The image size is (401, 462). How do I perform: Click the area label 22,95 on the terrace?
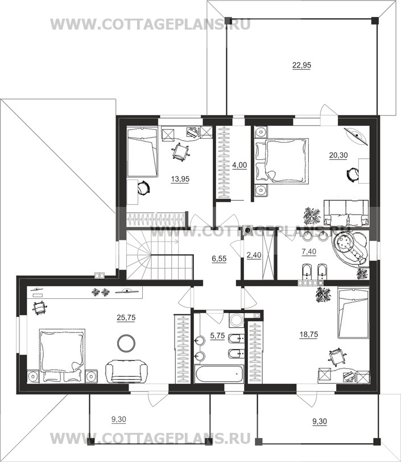[301, 65]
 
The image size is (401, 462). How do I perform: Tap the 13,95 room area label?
[180, 179]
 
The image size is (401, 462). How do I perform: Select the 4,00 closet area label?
[239, 165]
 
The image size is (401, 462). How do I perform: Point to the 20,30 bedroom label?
[338, 155]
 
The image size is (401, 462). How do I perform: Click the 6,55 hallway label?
[219, 259]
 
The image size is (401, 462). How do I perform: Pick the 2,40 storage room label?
[254, 255]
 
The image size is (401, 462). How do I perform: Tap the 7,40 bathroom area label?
[309, 251]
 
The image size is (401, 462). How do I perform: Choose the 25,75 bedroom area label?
[126, 317]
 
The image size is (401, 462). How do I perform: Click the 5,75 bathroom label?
[217, 336]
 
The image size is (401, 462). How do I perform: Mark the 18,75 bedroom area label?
[309, 334]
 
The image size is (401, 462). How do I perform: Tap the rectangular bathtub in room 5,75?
[220, 374]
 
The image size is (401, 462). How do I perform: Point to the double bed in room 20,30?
[282, 161]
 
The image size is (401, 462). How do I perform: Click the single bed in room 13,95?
[142, 152]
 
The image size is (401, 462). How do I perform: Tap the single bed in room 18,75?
[353, 313]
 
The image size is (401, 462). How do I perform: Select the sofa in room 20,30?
[346, 213]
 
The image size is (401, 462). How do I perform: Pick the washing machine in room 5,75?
[237, 320]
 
